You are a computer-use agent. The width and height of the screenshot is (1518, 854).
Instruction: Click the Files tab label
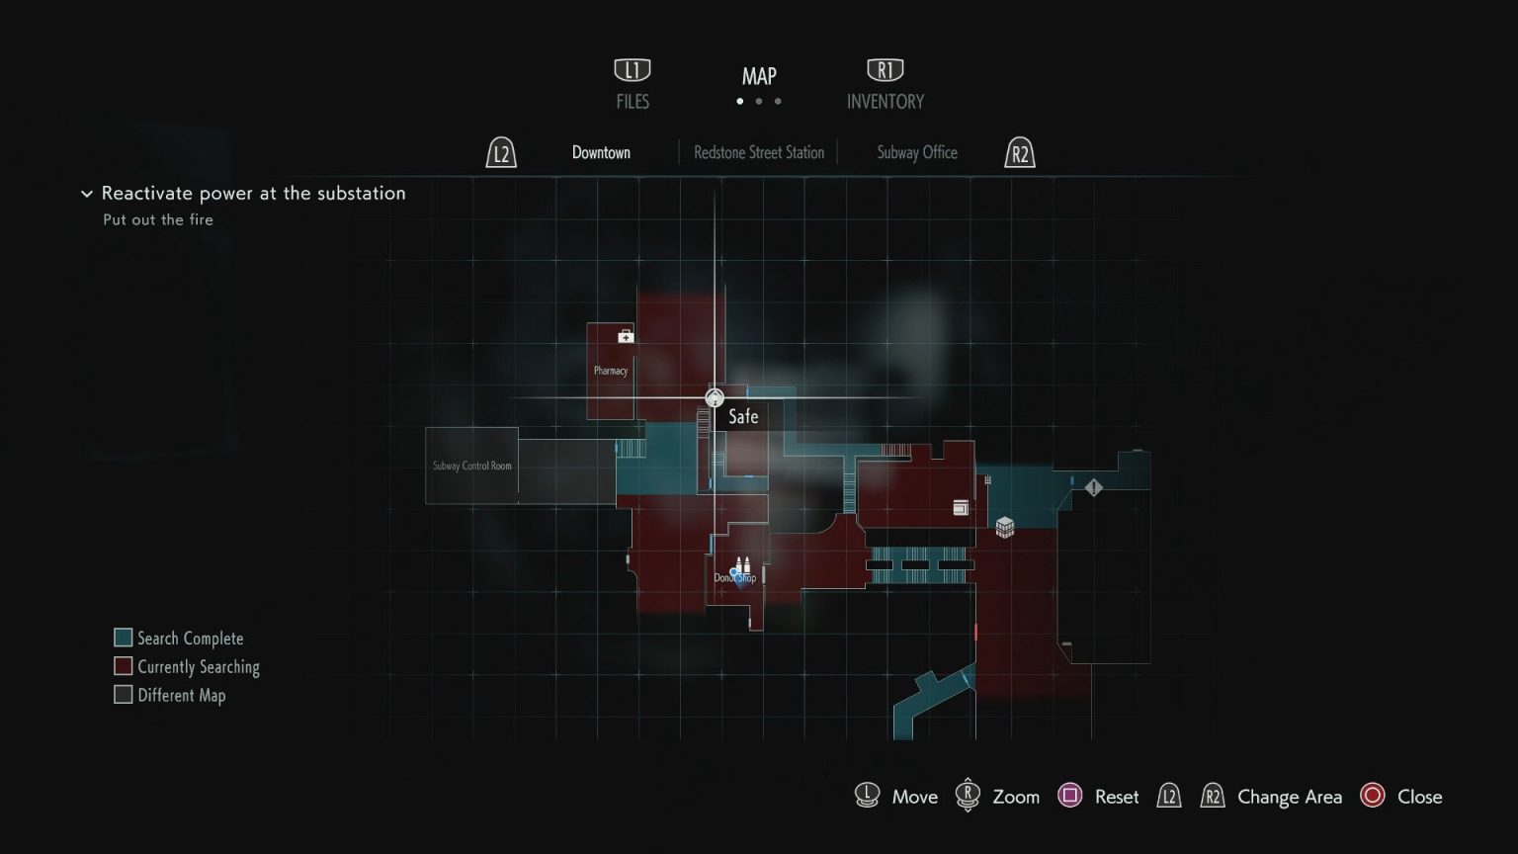[x=632, y=101]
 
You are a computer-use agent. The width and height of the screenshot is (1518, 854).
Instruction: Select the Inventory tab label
[x=885, y=101]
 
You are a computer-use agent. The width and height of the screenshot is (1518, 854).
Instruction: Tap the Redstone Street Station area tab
[x=759, y=152]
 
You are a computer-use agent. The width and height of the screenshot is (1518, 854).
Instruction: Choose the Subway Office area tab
[x=917, y=152]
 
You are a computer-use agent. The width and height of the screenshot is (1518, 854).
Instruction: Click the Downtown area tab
[x=601, y=152]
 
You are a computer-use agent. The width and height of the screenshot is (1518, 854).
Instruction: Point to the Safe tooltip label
[x=743, y=416]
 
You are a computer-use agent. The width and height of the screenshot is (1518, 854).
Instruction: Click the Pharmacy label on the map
[x=611, y=371]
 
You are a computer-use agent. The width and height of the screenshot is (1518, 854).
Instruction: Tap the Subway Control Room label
[x=472, y=466]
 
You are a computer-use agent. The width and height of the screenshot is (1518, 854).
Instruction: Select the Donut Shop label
[x=735, y=578]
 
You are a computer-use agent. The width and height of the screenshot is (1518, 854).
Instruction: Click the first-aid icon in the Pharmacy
[x=626, y=337]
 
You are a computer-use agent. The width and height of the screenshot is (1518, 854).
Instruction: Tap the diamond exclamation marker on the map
[x=1094, y=487]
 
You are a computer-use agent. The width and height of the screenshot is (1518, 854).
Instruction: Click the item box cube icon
[x=1005, y=527]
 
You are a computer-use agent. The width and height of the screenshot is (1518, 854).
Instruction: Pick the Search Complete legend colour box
[x=124, y=638]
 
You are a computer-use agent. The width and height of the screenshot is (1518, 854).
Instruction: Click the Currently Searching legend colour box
[x=124, y=666]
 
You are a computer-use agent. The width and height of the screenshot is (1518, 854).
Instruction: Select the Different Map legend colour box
[x=124, y=695]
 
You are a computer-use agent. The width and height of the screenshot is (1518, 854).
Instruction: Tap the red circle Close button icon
[x=1373, y=796]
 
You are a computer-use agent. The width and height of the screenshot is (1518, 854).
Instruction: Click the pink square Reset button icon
[x=1070, y=796]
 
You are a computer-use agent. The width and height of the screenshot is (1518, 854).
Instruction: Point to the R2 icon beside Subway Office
[x=1020, y=153]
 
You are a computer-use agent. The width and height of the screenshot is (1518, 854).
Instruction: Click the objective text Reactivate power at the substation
[x=253, y=193]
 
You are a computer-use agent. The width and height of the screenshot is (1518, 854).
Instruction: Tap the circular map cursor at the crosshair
[x=715, y=398]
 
